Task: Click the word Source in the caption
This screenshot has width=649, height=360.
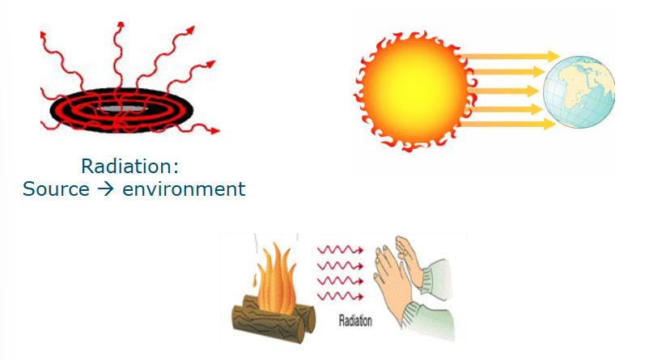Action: click(x=57, y=189)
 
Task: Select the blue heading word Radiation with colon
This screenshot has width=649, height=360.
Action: click(x=129, y=167)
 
